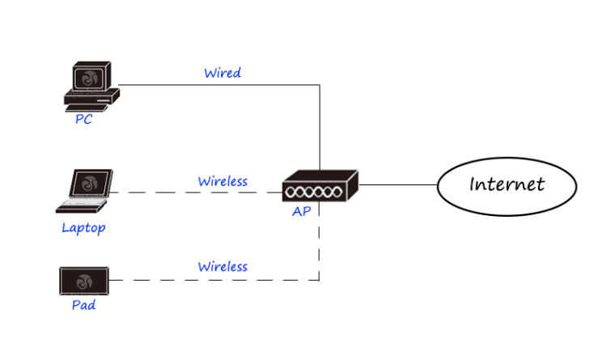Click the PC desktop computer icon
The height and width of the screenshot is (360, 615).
[91, 85]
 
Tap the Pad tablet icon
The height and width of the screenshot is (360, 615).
[85, 281]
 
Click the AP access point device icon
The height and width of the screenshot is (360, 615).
[320, 187]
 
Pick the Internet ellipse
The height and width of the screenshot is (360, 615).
[507, 185]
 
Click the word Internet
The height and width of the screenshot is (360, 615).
[507, 184]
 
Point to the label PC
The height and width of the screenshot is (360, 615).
[83, 120]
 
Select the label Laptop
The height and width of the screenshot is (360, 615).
[83, 227]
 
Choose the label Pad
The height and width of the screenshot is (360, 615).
[83, 306]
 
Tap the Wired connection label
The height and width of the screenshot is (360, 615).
[222, 73]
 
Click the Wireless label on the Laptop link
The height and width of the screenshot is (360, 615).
[223, 181]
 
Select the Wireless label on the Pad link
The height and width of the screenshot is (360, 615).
[223, 266]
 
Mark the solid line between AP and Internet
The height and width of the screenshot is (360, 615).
[397, 184]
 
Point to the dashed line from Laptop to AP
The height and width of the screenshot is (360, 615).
[194, 193]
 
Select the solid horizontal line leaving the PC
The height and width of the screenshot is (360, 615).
[218, 84]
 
